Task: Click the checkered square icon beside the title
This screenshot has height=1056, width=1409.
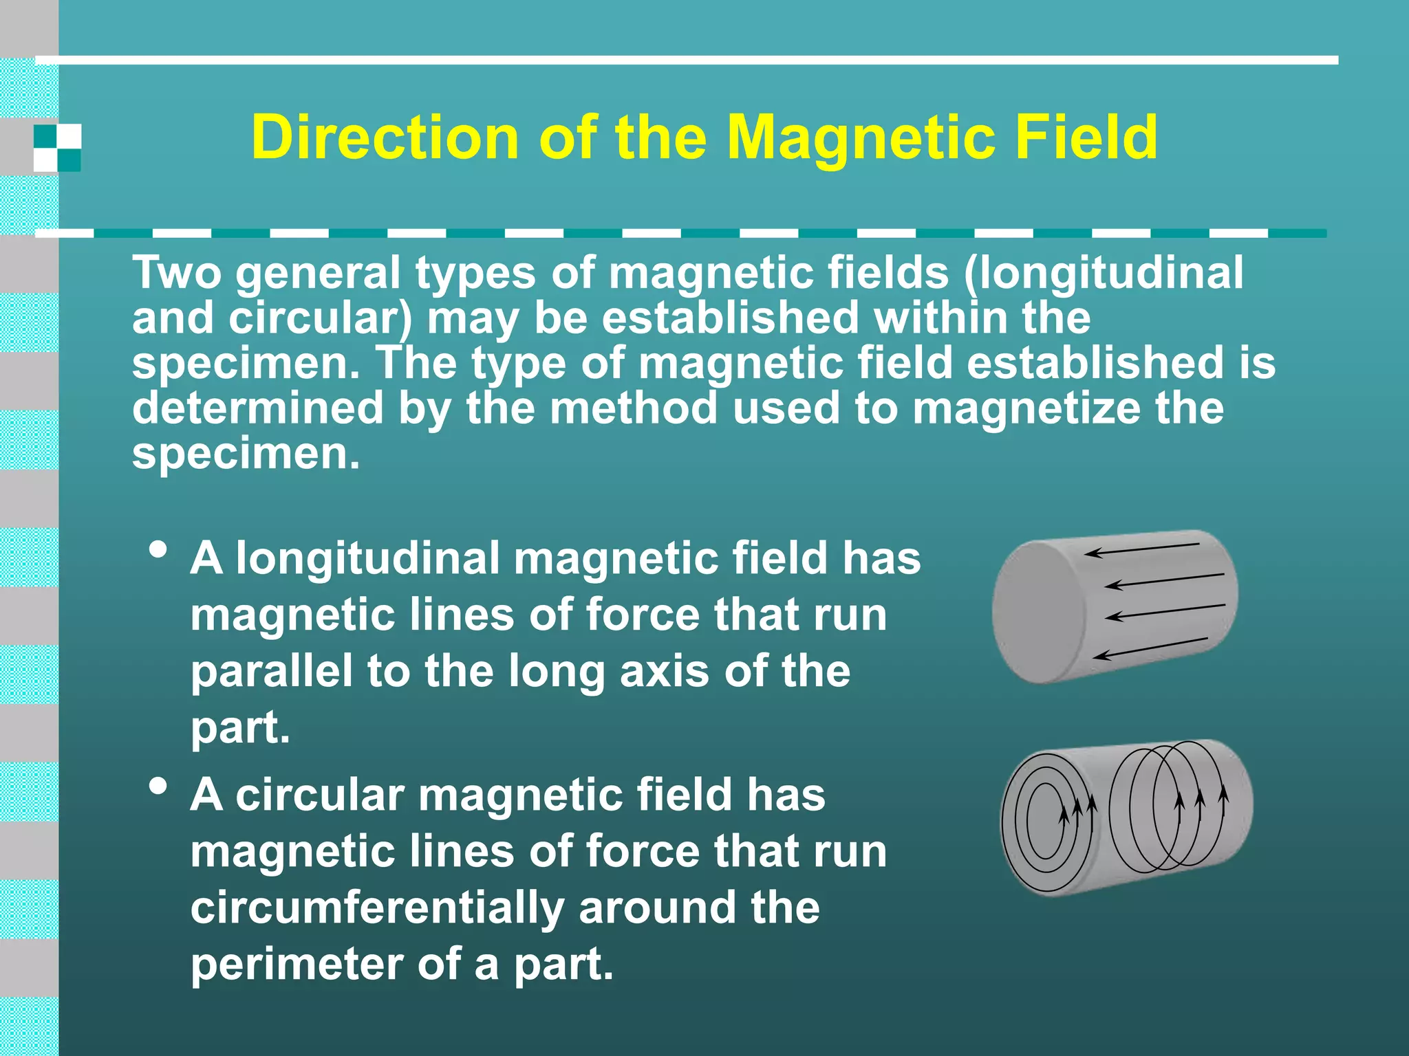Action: point(58,148)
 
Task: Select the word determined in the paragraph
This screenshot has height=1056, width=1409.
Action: point(257,408)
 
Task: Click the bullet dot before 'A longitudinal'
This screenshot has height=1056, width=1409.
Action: point(158,551)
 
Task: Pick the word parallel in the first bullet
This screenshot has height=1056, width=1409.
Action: point(272,671)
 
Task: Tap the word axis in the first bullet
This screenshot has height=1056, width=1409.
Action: point(664,671)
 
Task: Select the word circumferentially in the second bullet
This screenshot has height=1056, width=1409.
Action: point(377,907)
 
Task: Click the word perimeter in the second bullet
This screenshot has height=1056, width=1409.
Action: point(296,965)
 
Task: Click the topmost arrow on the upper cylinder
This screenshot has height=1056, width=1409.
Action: point(1142,549)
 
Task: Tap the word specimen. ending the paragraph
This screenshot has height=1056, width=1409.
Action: point(246,454)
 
